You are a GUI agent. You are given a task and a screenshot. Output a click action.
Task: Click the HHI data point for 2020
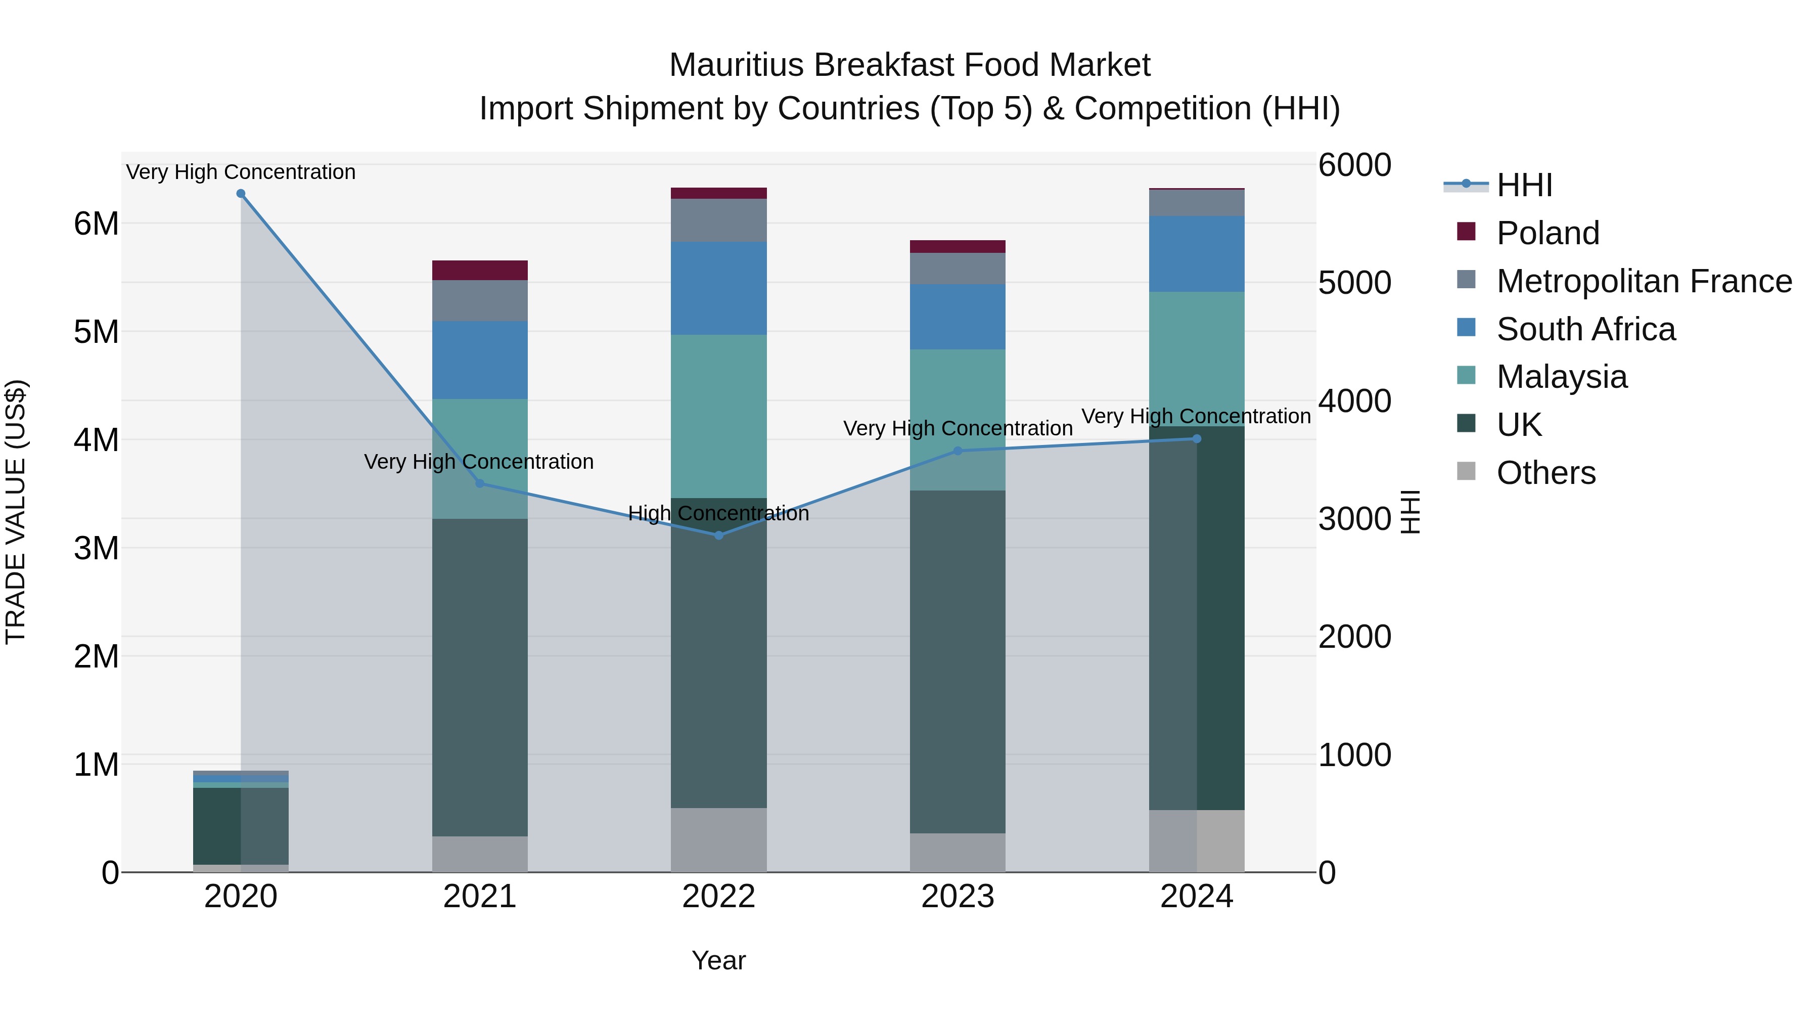click(x=241, y=194)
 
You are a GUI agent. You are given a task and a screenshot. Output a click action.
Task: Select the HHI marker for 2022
click(x=718, y=536)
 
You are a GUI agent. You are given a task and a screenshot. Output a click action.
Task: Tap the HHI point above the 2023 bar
click(x=958, y=451)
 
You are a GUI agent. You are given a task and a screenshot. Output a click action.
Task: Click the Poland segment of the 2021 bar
click(x=480, y=271)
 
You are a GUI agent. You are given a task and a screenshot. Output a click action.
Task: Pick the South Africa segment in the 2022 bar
click(x=718, y=288)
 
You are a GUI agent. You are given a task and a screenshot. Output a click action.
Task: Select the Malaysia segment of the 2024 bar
click(x=1197, y=359)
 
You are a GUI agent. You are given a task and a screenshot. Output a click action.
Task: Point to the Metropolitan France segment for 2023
click(x=958, y=269)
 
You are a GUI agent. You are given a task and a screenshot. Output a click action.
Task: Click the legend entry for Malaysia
click(x=1562, y=377)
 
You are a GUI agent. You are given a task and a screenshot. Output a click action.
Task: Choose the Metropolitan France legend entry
click(x=1644, y=281)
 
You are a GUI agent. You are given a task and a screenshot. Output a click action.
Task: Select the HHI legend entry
click(x=1524, y=185)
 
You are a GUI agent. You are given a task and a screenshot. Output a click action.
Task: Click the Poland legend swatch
click(x=1466, y=232)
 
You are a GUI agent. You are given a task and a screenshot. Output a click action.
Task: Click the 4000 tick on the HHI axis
click(x=1354, y=400)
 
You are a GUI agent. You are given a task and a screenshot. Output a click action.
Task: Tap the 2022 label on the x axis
click(x=718, y=897)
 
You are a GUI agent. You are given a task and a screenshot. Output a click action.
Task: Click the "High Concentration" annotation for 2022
click(x=718, y=513)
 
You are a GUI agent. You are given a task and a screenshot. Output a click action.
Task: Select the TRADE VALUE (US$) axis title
click(x=16, y=512)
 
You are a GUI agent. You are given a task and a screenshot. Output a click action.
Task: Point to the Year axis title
click(x=718, y=960)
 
